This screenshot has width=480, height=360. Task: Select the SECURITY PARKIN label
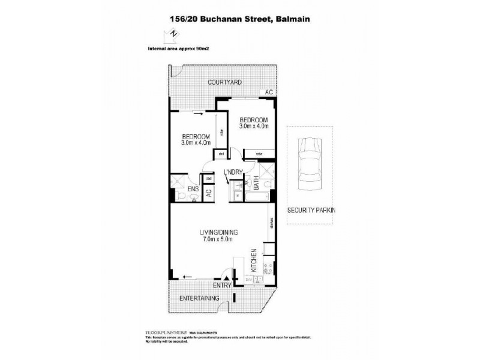point(311,210)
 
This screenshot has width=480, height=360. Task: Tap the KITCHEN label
point(254,260)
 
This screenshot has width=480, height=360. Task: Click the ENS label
point(193,190)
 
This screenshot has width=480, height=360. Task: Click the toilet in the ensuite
point(181,197)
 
